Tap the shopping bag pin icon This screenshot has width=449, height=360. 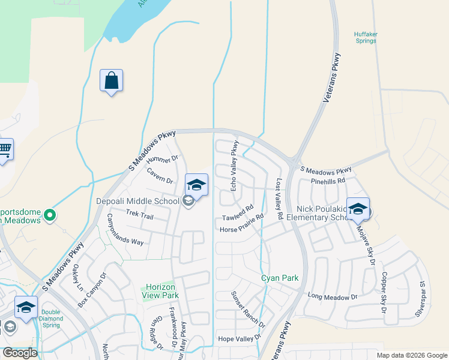(112, 81)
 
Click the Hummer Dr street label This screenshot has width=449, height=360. (163, 158)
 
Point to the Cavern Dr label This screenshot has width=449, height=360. (160, 176)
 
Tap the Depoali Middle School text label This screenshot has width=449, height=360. (137, 202)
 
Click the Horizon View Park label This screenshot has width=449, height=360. (160, 291)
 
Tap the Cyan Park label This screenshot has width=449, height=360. (280, 278)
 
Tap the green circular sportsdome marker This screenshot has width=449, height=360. (50, 214)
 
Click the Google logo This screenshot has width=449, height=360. (20, 353)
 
